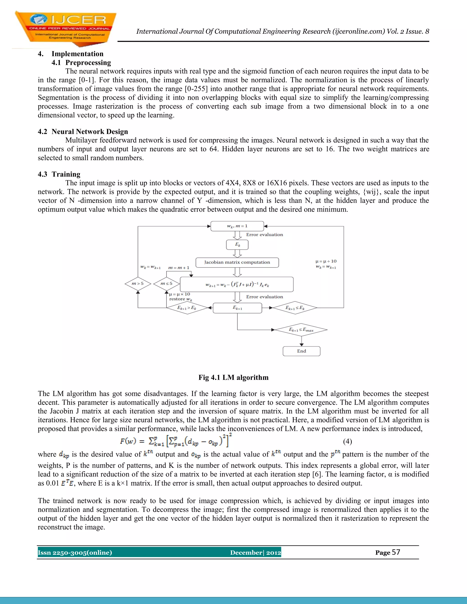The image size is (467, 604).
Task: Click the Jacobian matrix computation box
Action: [x=237, y=262]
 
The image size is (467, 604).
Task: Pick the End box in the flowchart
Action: [x=301, y=351]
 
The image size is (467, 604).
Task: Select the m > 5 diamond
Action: [x=138, y=284]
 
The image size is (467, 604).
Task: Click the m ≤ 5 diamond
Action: [x=166, y=284]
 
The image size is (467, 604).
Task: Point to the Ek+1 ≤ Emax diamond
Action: [x=301, y=329]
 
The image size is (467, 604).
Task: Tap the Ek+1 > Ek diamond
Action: [x=187, y=308]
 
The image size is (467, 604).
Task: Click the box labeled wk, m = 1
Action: [x=237, y=226]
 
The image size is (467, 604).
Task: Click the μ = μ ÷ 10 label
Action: [x=326, y=261]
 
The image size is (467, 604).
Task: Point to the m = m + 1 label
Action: [x=179, y=268]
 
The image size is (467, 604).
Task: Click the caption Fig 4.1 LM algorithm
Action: [x=233, y=377]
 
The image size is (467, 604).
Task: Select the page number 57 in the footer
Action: [x=396, y=552]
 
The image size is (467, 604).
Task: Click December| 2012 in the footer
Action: [x=255, y=552]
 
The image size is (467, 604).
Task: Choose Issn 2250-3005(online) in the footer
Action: [x=75, y=552]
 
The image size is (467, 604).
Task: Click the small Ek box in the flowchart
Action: [x=237, y=245]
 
